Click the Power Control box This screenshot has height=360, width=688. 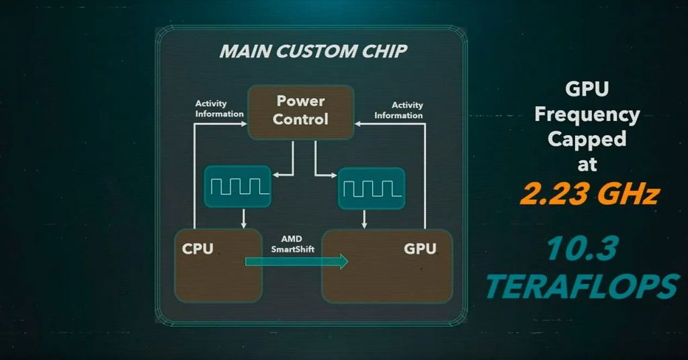point(300,112)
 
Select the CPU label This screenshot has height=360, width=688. point(198,249)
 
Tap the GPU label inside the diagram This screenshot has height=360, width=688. point(420,249)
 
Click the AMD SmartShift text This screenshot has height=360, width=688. point(292,244)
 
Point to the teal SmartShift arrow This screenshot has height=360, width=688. point(296,261)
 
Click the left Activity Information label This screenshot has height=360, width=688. point(219,109)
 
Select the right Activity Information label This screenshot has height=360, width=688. point(398,109)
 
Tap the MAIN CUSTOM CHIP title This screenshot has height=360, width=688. point(312,51)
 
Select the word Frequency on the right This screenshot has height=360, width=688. point(587,115)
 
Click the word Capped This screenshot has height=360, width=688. point(587,139)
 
